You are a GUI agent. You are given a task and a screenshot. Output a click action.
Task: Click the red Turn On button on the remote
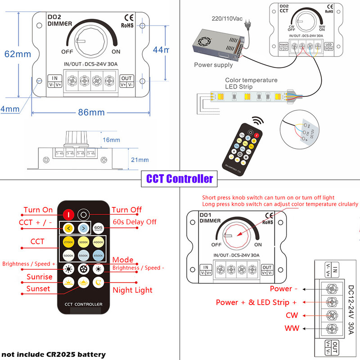coord(68,214)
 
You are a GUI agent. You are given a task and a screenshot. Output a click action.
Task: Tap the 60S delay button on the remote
coord(99,228)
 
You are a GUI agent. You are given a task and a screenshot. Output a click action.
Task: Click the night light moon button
coord(99,283)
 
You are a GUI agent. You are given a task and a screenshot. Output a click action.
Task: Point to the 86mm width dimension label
coord(91,112)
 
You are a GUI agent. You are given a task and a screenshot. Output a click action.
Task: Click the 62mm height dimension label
coord(17,54)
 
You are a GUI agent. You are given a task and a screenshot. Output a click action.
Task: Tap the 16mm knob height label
coord(111,140)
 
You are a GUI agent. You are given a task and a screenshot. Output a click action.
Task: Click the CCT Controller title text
coord(180,179)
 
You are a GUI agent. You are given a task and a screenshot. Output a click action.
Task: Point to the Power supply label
coord(213,65)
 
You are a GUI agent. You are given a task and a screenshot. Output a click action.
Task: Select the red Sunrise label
coord(39,277)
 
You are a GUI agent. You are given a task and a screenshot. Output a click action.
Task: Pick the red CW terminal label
coord(292,315)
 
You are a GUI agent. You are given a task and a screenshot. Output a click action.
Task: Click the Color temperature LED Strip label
coord(251,83)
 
